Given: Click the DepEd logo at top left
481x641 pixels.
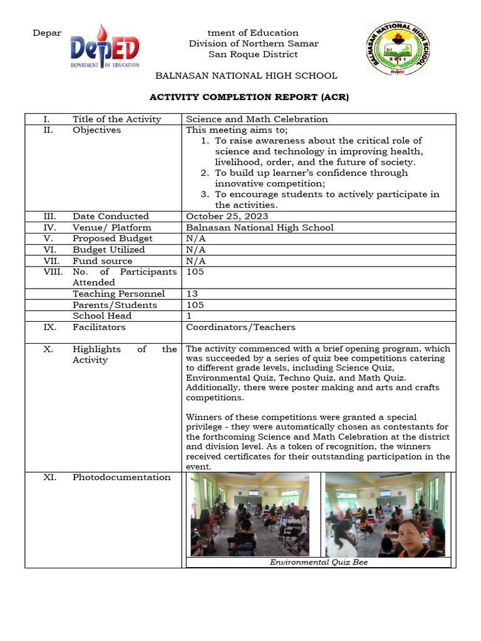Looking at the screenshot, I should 105,47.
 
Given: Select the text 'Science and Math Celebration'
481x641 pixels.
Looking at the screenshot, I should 257,119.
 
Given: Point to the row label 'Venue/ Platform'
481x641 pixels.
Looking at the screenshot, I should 111,227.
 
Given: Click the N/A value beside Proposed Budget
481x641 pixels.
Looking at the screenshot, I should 196,238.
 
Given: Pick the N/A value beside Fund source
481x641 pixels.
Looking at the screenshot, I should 196,261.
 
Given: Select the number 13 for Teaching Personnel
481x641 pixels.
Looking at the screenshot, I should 192,294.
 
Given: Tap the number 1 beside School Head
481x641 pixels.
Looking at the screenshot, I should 189,316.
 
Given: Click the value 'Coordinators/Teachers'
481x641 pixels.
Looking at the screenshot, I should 240,327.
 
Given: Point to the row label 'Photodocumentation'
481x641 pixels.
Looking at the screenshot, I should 122,477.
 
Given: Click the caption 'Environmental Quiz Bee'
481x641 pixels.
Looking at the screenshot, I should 318,562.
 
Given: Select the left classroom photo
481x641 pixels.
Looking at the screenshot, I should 250,514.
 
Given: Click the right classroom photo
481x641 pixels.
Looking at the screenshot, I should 385,514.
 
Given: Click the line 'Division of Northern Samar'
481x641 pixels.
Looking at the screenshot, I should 254,43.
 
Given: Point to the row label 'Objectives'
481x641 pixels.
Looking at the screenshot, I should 96,130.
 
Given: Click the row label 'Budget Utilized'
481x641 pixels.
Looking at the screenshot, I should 108,250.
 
